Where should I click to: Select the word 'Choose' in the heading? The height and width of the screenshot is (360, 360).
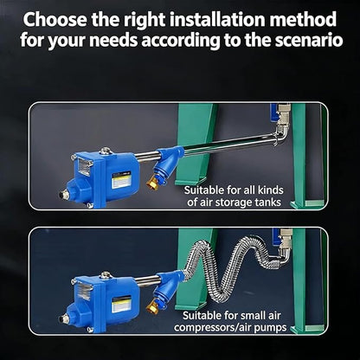pyautogui.click(x=55, y=19)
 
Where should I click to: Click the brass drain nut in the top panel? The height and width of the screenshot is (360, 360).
pyautogui.click(x=152, y=183)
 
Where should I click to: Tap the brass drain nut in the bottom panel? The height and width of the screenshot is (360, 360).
pyautogui.click(x=152, y=306)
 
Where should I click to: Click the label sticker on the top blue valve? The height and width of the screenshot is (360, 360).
pyautogui.click(x=121, y=180)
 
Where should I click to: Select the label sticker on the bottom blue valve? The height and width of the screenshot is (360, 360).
pyautogui.click(x=121, y=305)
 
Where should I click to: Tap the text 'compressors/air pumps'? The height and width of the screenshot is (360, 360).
pyautogui.click(x=230, y=327)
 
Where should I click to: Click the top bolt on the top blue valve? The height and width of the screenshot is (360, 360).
pyautogui.click(x=106, y=151)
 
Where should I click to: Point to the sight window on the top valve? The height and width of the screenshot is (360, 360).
pyautogui.click(x=84, y=167)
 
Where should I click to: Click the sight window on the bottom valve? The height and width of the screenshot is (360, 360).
pyautogui.click(x=84, y=291)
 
